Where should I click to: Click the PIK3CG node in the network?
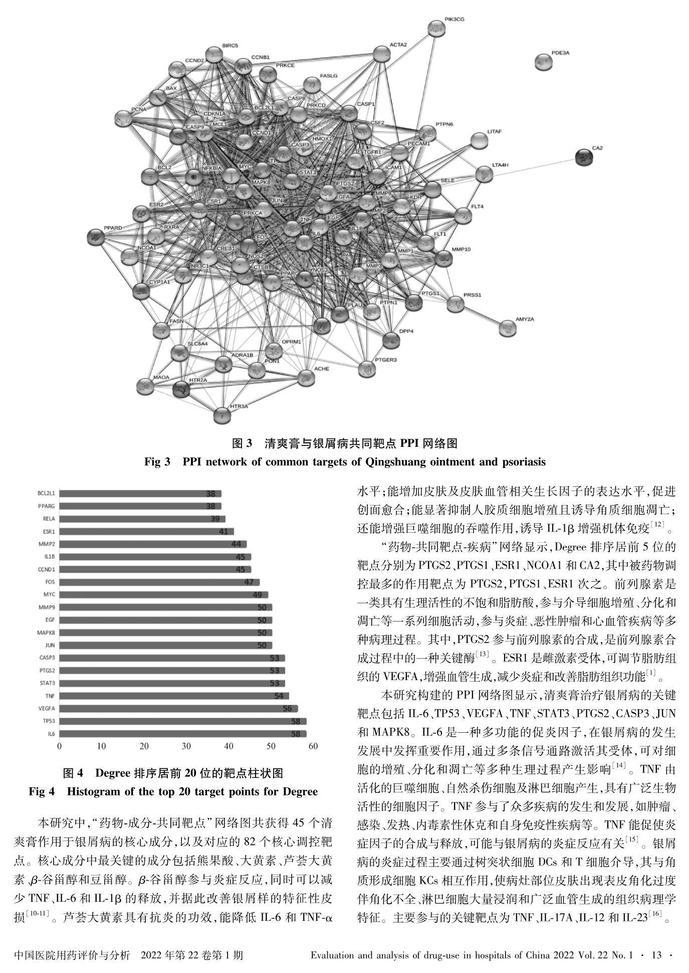tap(436, 29)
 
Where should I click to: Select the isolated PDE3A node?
tap(544, 62)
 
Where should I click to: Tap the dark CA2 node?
tap(584, 157)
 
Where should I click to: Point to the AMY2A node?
tap(508, 329)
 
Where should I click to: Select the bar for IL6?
tap(182, 734)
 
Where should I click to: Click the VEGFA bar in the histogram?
tap(178, 709)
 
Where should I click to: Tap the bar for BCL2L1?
tap(140, 494)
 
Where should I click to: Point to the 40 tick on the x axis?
tap(228, 746)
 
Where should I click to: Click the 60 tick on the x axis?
tap(313, 746)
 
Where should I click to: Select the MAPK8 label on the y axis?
tap(46, 632)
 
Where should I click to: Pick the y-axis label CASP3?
tap(47, 658)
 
